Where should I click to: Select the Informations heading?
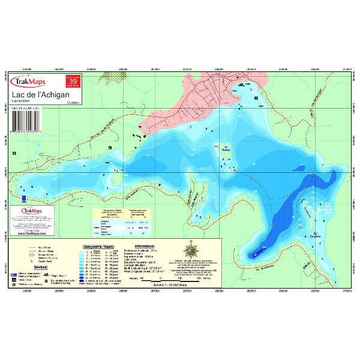pos(147,246)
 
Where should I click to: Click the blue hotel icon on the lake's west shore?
pos(23,197)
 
